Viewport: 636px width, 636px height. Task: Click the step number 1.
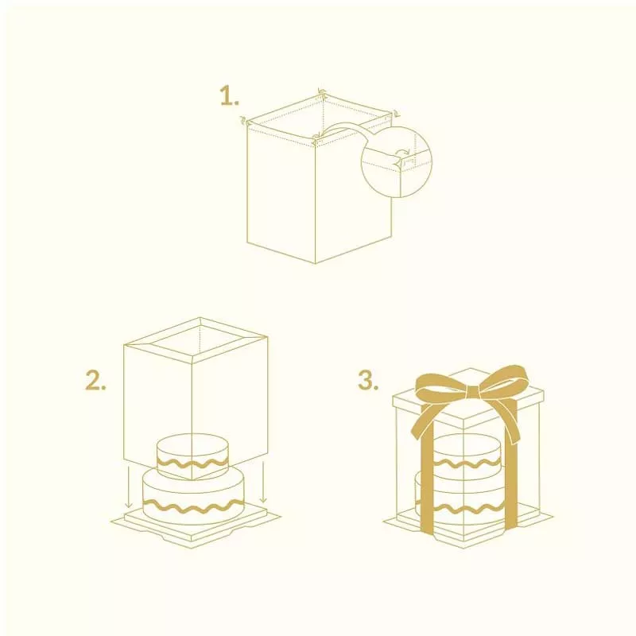229,97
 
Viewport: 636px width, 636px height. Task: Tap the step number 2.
95,382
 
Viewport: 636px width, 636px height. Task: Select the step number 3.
368,382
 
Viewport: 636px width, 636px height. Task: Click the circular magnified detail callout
396,161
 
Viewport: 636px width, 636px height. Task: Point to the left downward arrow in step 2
129,487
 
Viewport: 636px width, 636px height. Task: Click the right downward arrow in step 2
264,482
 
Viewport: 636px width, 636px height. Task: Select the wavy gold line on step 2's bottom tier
193,506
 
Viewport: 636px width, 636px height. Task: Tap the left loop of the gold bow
440,386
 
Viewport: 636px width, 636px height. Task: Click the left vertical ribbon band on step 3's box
428,479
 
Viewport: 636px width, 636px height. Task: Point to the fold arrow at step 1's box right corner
396,113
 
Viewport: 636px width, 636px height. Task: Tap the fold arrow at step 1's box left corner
243,120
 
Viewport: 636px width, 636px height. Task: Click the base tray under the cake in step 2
196,525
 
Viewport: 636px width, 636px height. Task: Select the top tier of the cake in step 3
467,454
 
